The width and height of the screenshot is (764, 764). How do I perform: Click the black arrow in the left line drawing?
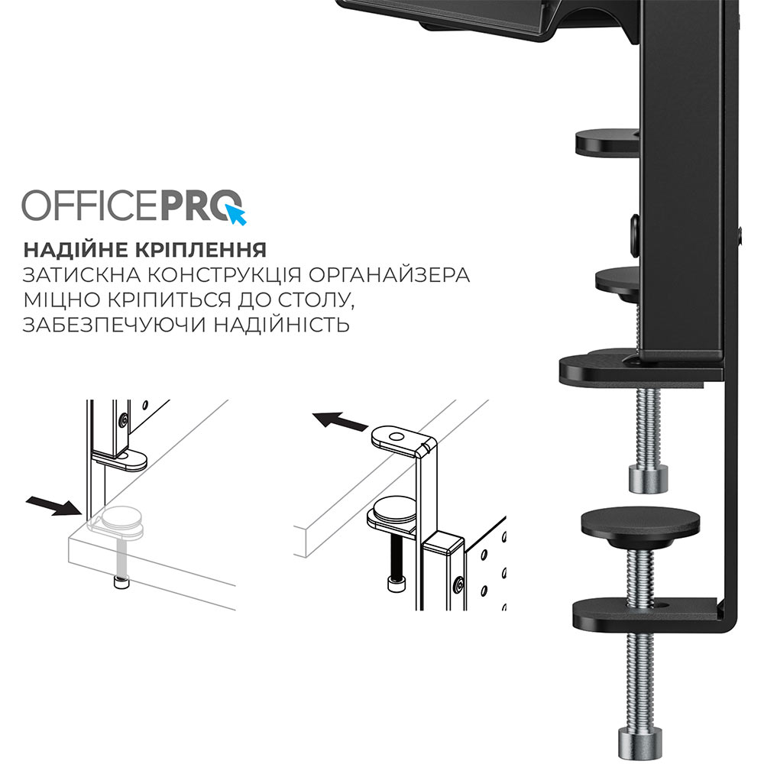pos(52,504)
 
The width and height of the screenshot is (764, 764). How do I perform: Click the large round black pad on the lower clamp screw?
pos(640,523)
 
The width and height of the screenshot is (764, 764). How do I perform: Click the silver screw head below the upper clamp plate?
pos(647,478)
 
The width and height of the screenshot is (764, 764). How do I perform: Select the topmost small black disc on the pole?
pos(606,141)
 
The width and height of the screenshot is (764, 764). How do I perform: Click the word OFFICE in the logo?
pos(89,206)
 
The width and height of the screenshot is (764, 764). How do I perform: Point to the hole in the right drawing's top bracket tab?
pos(395,438)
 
